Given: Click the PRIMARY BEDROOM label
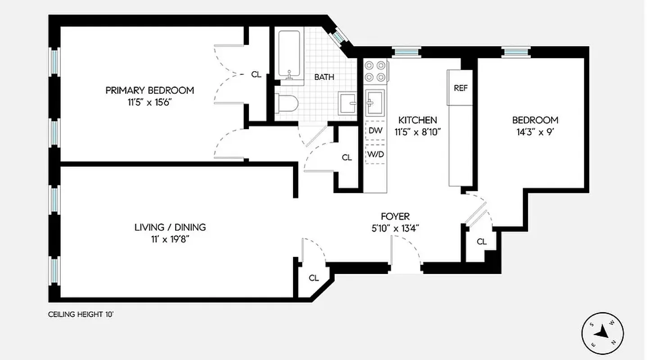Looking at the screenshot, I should (x=149, y=90).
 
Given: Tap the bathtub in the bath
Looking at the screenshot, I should (x=289, y=54).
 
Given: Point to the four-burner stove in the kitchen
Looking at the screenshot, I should (x=375, y=71).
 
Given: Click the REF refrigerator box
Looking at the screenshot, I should (x=460, y=88).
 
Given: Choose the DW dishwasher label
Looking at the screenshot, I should (x=375, y=131).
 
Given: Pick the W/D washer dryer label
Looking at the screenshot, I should (x=375, y=154).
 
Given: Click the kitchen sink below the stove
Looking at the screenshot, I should (x=375, y=102).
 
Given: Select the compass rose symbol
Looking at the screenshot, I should (x=602, y=334).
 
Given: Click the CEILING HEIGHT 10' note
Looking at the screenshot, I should (x=81, y=315).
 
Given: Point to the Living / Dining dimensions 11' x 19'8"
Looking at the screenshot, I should (x=170, y=239).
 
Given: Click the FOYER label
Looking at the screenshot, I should (x=395, y=216).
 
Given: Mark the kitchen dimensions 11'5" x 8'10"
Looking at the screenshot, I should (x=417, y=132).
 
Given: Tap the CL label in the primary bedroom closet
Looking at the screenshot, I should (x=256, y=75).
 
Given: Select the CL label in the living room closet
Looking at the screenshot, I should (x=314, y=278).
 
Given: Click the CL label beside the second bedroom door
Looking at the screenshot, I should (x=482, y=242).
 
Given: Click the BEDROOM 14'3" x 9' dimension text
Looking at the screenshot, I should (x=535, y=132).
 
